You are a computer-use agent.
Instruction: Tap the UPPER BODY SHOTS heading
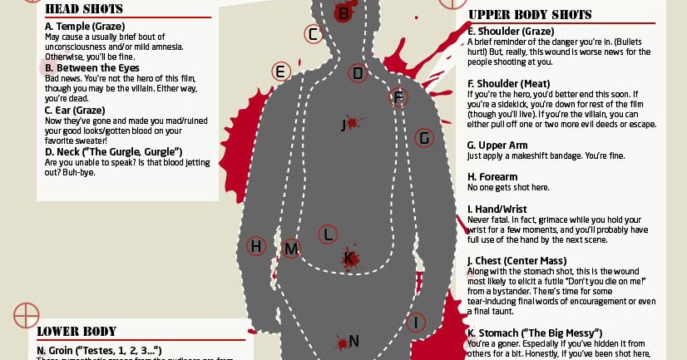(530, 15)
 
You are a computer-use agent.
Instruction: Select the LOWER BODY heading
(77, 331)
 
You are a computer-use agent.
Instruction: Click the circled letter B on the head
(343, 12)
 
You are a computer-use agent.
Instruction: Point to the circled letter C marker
(313, 35)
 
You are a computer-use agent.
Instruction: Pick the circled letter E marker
(280, 72)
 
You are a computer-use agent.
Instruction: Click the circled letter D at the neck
(358, 73)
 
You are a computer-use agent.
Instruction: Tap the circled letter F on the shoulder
(398, 98)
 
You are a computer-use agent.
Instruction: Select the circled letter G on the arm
(424, 138)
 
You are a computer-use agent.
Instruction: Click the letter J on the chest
(343, 126)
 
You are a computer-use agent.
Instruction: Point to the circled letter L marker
(328, 234)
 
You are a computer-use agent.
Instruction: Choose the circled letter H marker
(256, 246)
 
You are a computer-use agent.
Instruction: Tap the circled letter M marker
(291, 248)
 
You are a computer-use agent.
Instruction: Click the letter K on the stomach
(350, 259)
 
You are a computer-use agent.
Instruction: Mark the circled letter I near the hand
(416, 322)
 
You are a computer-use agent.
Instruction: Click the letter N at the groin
(353, 341)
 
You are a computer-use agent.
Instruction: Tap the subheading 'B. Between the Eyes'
(92, 67)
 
